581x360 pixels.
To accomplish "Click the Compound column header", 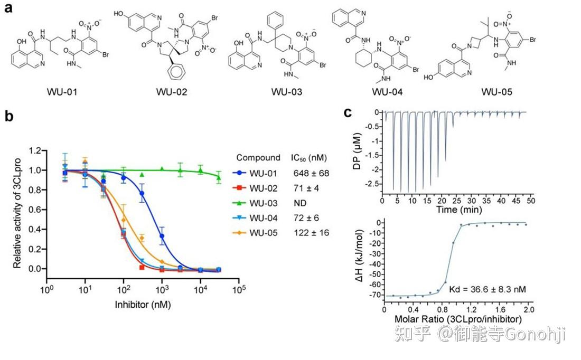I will pyautogui.click(x=258, y=157).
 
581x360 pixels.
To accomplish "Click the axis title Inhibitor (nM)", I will pyautogui.click(x=143, y=305).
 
